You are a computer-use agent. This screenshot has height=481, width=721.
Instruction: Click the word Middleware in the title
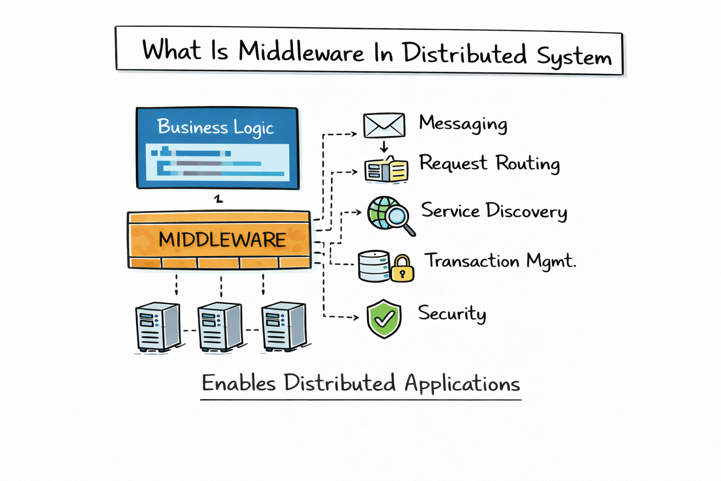[301, 52]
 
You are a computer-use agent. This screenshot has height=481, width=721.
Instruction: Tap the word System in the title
[574, 57]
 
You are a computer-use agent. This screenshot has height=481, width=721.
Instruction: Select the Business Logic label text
[215, 127]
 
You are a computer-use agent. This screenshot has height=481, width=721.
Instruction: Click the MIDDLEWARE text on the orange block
[222, 240]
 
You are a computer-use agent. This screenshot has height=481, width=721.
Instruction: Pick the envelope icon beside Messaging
[384, 125]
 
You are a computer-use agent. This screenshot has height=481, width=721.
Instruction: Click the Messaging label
[463, 124]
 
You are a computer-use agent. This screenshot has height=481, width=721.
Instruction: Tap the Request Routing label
[489, 163]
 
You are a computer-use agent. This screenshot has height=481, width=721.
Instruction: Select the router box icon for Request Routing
[386, 171]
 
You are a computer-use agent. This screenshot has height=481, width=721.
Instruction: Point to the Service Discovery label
[494, 211]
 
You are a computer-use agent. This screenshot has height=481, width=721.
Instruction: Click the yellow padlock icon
[402, 269]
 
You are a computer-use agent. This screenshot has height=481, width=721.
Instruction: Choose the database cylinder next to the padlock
[374, 266]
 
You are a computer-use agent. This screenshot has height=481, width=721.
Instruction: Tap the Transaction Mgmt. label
[500, 261]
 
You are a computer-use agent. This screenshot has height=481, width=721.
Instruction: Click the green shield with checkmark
[384, 319]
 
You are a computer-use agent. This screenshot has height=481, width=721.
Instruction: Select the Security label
[452, 313]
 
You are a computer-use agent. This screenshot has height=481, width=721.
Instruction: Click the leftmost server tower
[157, 327]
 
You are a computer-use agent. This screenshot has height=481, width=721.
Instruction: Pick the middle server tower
[219, 327]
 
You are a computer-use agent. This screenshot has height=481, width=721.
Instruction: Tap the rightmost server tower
[283, 327]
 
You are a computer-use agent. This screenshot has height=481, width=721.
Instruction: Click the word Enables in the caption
[238, 383]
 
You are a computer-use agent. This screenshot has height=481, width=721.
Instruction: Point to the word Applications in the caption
[462, 384]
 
